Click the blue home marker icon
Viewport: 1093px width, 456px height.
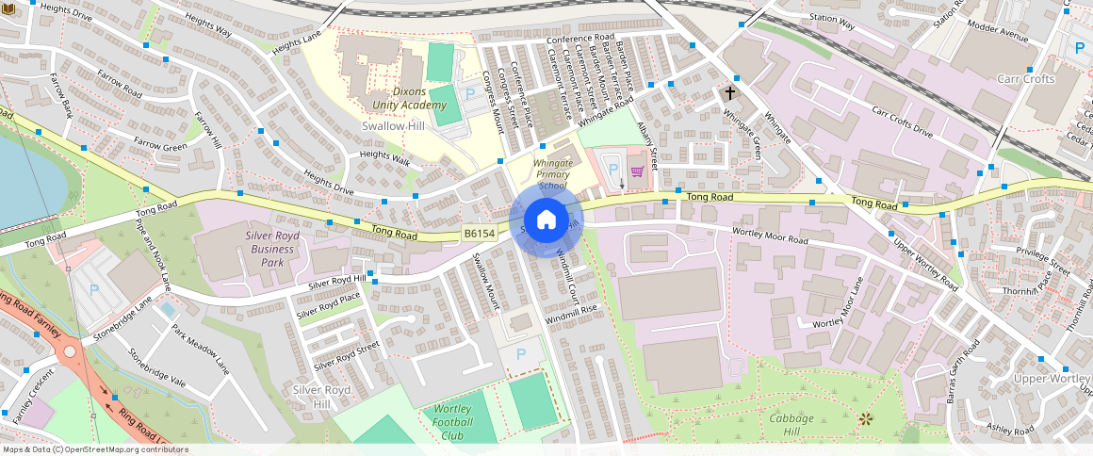546,220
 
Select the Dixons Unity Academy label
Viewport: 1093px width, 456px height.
397,98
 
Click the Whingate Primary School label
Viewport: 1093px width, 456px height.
553,174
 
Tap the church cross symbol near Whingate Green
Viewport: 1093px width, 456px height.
729,93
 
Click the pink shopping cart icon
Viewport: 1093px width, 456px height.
638,171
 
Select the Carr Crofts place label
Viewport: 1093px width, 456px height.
1025,79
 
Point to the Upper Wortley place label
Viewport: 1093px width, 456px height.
1052,379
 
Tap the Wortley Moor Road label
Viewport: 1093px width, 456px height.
770,235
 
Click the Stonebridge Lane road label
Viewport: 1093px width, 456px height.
122,320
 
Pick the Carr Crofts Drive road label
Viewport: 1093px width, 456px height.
902,122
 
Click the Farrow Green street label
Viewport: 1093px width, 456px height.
160,145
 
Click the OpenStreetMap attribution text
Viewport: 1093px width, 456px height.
94,449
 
